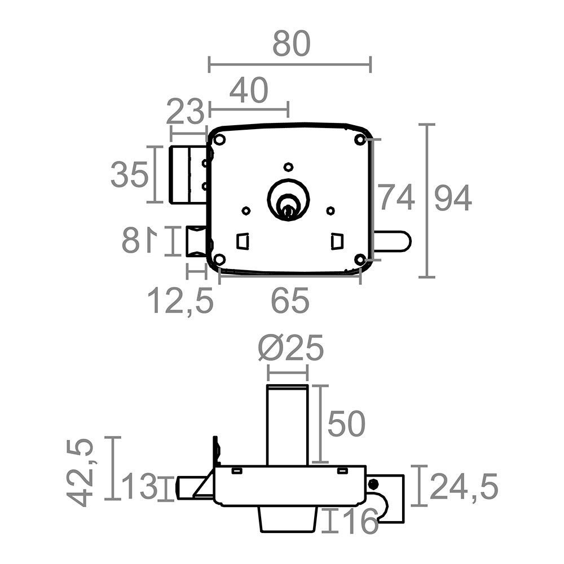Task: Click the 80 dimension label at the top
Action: tap(292, 43)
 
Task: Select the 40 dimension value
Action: tap(249, 90)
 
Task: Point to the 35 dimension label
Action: tap(130, 174)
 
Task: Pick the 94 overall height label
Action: tap(453, 197)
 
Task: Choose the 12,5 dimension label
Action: tap(180, 301)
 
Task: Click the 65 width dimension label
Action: tap(290, 301)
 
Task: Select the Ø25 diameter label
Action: tap(291, 347)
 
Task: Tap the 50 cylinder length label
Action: tap(346, 424)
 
